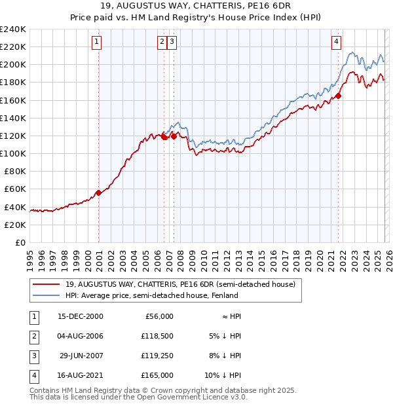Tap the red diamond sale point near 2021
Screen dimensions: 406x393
(x=339, y=96)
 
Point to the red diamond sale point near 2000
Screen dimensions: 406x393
(x=98, y=193)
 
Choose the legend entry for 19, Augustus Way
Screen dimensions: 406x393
(x=180, y=284)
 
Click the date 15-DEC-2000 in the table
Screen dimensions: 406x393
(x=81, y=316)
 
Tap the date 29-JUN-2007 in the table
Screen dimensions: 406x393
(x=81, y=356)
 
